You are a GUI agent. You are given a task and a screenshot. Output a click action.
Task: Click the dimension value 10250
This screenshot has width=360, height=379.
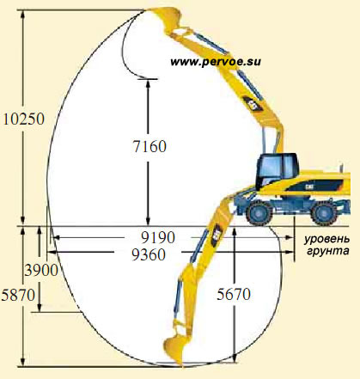24,119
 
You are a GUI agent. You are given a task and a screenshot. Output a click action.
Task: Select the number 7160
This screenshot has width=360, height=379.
149,146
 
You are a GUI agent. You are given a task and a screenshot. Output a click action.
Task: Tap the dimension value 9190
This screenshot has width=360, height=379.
158,237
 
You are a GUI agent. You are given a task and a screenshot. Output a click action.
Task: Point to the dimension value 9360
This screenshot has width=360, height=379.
149,254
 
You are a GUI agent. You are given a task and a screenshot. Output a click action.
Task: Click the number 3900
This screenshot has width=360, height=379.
41,270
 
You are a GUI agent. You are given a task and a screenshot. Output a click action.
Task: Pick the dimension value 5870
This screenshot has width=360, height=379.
18,295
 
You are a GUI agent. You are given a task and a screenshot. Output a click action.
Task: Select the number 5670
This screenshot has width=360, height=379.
234,294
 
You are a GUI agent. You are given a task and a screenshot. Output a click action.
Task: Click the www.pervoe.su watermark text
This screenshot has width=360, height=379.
216,62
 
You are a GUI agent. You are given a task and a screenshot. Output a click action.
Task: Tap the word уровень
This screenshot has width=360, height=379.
327,239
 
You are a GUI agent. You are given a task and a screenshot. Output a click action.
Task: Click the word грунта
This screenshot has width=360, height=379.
328,251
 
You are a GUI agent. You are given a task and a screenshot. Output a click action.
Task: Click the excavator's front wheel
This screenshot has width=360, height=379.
259,212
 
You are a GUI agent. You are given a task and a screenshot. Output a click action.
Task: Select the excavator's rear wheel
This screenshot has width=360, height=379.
324,213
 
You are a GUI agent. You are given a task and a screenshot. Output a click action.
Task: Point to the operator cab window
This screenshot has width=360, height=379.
269,167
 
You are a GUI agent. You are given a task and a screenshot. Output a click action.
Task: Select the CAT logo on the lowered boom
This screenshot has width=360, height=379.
217,235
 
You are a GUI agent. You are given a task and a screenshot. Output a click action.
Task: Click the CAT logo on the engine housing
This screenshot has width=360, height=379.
309,187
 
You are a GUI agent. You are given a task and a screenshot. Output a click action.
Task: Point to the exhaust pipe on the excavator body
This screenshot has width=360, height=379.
341,168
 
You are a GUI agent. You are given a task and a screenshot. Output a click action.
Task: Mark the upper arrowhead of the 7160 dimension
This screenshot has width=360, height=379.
148,83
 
